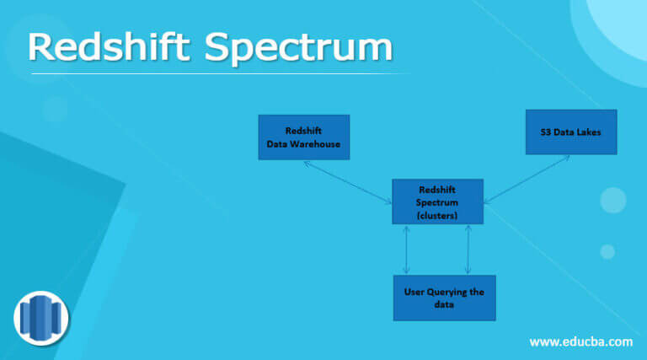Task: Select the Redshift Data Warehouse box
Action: pos(302,137)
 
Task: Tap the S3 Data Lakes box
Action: pos(570,132)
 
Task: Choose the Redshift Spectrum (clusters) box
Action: pos(437,201)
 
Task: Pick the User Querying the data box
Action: pos(444,298)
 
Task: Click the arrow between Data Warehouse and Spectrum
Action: pos(346,180)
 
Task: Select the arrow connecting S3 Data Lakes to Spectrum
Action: pos(527,179)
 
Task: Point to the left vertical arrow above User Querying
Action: pos(408,250)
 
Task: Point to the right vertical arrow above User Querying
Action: pos(468,250)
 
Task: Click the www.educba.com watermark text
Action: pos(580,341)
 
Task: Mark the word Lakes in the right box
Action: pos(586,132)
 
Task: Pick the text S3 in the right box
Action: pos(547,132)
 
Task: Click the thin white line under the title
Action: pos(219,73)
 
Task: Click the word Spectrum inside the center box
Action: pos(437,202)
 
